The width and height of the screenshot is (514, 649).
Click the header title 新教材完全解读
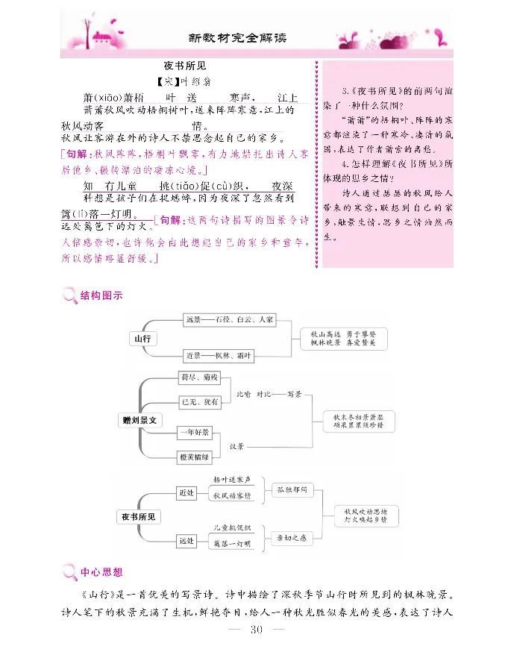[x=237, y=37]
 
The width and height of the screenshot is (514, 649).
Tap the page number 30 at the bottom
[x=256, y=630]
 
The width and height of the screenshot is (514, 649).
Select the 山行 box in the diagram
[x=142, y=339]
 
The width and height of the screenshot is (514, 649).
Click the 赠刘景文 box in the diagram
[x=141, y=420]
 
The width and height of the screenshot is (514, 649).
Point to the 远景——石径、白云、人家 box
[x=229, y=320]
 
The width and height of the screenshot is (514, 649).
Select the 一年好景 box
[x=195, y=432]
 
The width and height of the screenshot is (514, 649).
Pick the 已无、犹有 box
[x=200, y=402]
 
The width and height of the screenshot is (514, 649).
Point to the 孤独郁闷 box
[x=292, y=490]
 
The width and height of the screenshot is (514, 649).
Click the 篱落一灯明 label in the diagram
[x=231, y=545]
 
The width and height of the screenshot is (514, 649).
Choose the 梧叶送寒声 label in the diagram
[x=232, y=478]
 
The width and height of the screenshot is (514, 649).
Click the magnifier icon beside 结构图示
[x=69, y=296]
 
